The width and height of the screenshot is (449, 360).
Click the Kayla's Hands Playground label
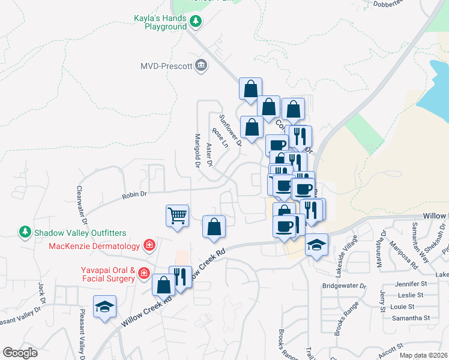(160, 23)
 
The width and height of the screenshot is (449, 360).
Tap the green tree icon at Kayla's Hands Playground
(196, 22)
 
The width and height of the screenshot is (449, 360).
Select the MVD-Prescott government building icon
(201, 65)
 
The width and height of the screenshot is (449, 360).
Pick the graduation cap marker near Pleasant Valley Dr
(105, 306)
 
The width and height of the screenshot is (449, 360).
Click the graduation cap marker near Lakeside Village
(316, 244)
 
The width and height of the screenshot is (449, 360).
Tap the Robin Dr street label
(134, 194)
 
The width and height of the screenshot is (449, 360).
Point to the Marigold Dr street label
(196, 150)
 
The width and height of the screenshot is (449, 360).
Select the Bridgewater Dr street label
(344, 286)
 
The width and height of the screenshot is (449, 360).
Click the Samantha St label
(410, 317)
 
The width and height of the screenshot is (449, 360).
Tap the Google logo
(20, 353)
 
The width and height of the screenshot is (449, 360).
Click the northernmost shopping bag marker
(250, 89)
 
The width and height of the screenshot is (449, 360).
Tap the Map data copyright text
(423, 355)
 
